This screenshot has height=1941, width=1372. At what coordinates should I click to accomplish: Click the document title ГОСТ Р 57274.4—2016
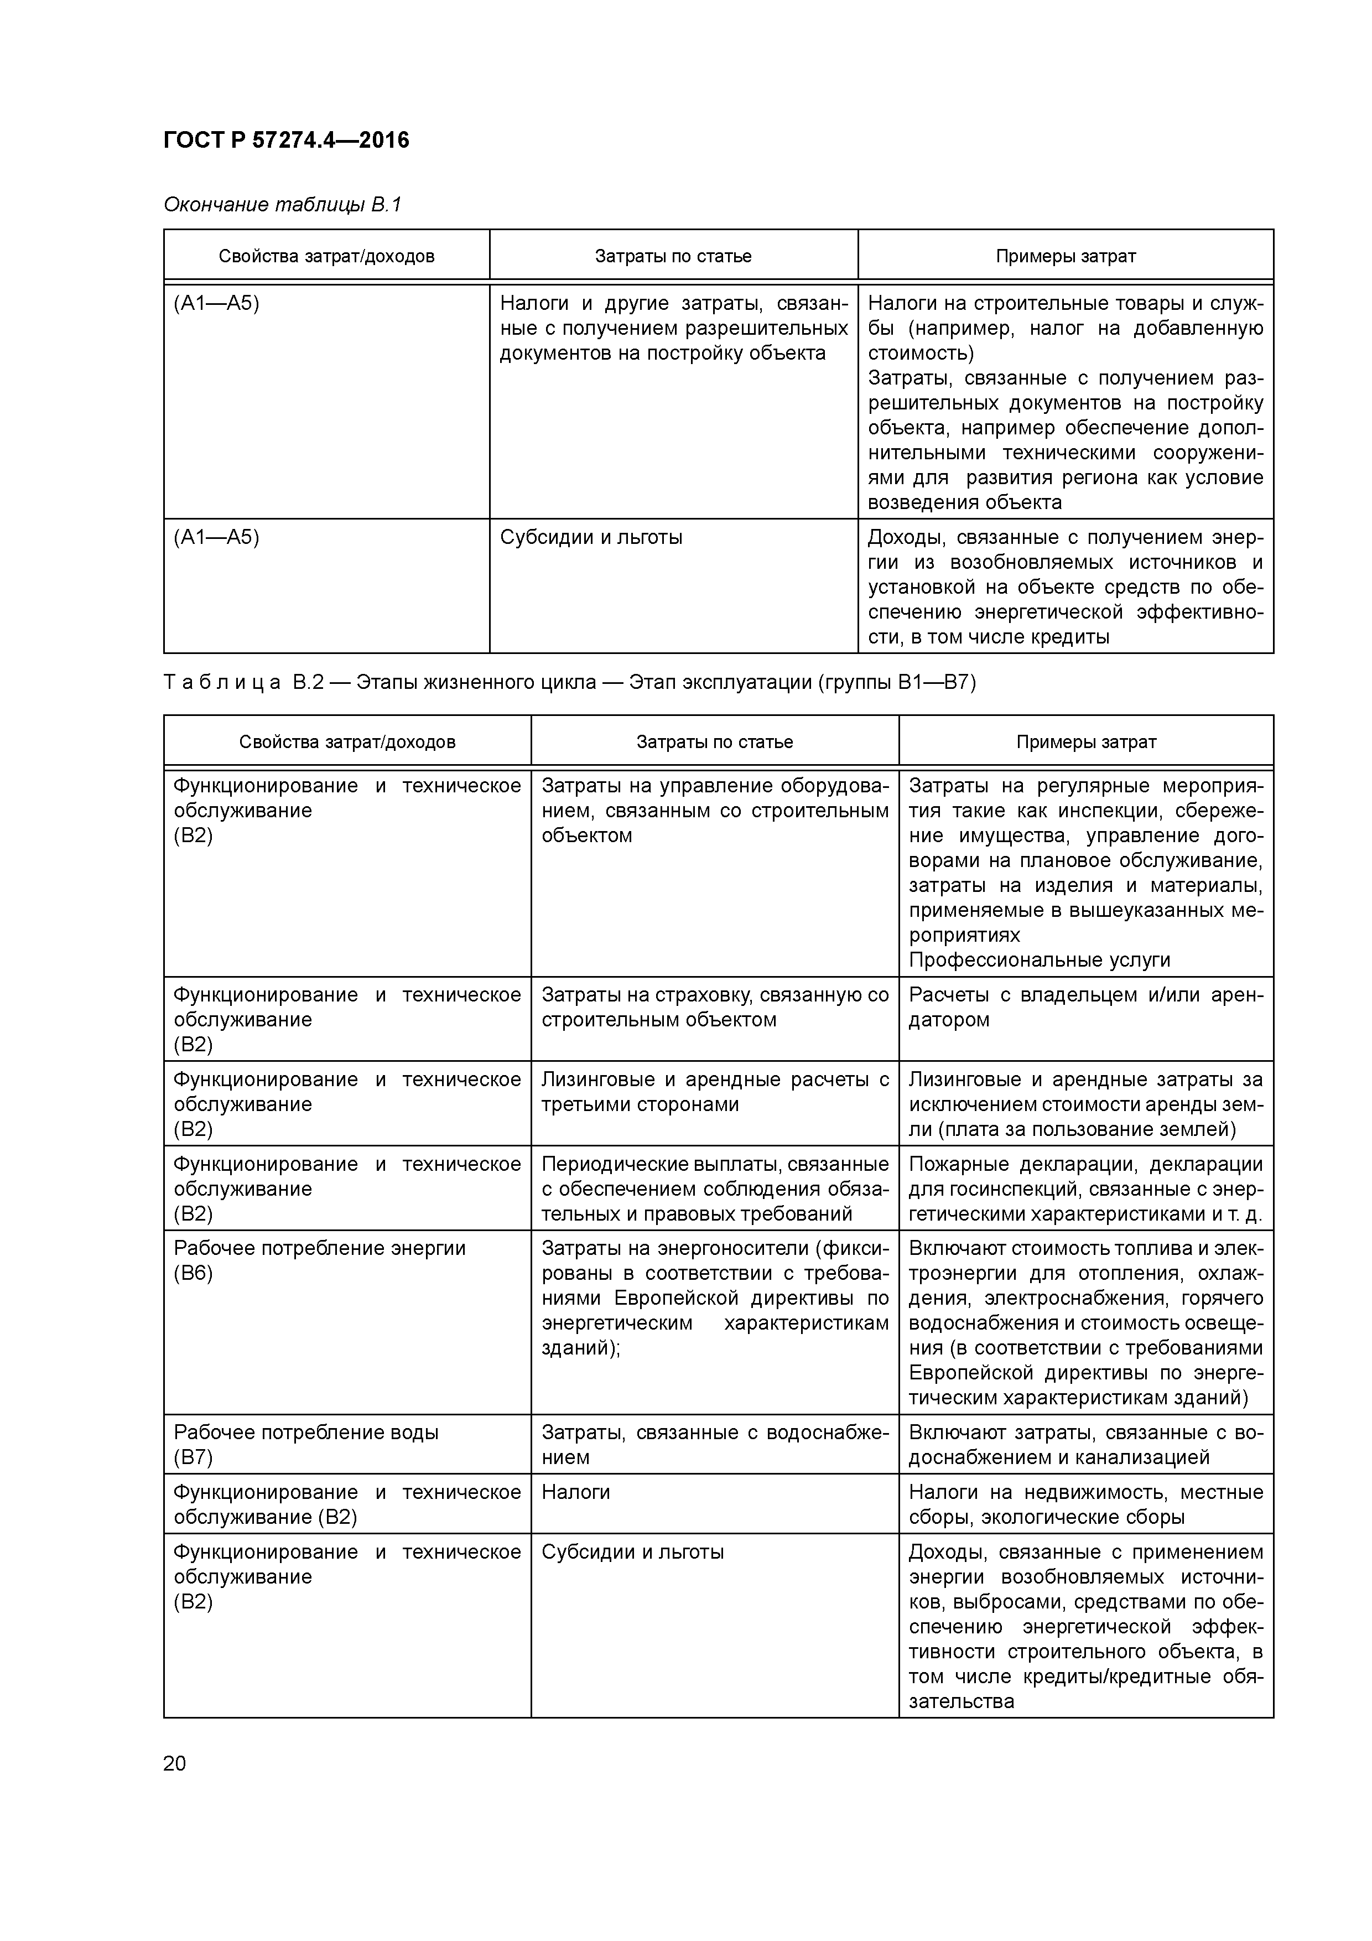click(x=285, y=139)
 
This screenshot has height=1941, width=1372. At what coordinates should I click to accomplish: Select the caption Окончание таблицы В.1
click(x=282, y=205)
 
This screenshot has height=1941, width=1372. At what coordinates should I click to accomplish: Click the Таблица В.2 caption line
click(x=569, y=682)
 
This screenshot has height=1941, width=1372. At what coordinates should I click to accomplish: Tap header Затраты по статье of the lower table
click(x=714, y=741)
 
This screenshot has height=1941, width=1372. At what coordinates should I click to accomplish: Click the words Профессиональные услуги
click(x=1039, y=959)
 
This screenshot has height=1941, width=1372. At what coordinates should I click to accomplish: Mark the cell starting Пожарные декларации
click(x=1085, y=1188)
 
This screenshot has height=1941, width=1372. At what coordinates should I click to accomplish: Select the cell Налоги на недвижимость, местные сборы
click(x=1085, y=1504)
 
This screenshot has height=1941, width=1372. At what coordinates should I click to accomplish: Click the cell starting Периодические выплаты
click(x=714, y=1188)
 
